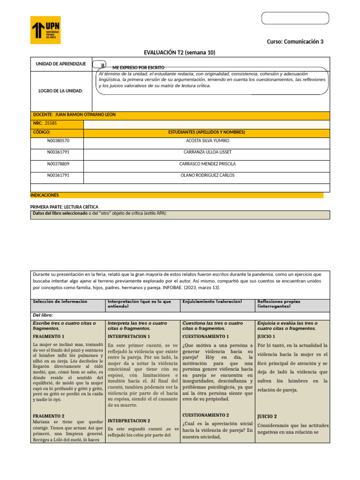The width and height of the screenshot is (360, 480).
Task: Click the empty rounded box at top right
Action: tap(295, 18)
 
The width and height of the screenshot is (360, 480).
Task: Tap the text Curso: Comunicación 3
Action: tap(295, 42)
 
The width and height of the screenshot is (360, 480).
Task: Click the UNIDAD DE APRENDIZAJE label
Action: tap(61, 64)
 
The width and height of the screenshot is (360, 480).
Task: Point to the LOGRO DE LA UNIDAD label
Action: tap(60, 90)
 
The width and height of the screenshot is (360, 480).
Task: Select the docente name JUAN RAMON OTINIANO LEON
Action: tap(85, 115)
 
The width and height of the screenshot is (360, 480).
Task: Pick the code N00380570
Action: tap(58, 140)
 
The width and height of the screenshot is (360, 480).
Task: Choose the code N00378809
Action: tap(58, 164)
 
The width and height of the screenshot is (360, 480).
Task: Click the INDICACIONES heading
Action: tap(45, 195)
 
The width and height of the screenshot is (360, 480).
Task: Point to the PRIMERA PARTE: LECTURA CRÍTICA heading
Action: tap(64, 207)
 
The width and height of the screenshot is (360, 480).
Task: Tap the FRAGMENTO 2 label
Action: tap(49, 416)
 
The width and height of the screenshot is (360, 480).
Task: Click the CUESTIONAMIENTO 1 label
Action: tap(205, 337)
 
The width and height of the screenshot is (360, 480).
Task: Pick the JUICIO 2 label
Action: tap(267, 416)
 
